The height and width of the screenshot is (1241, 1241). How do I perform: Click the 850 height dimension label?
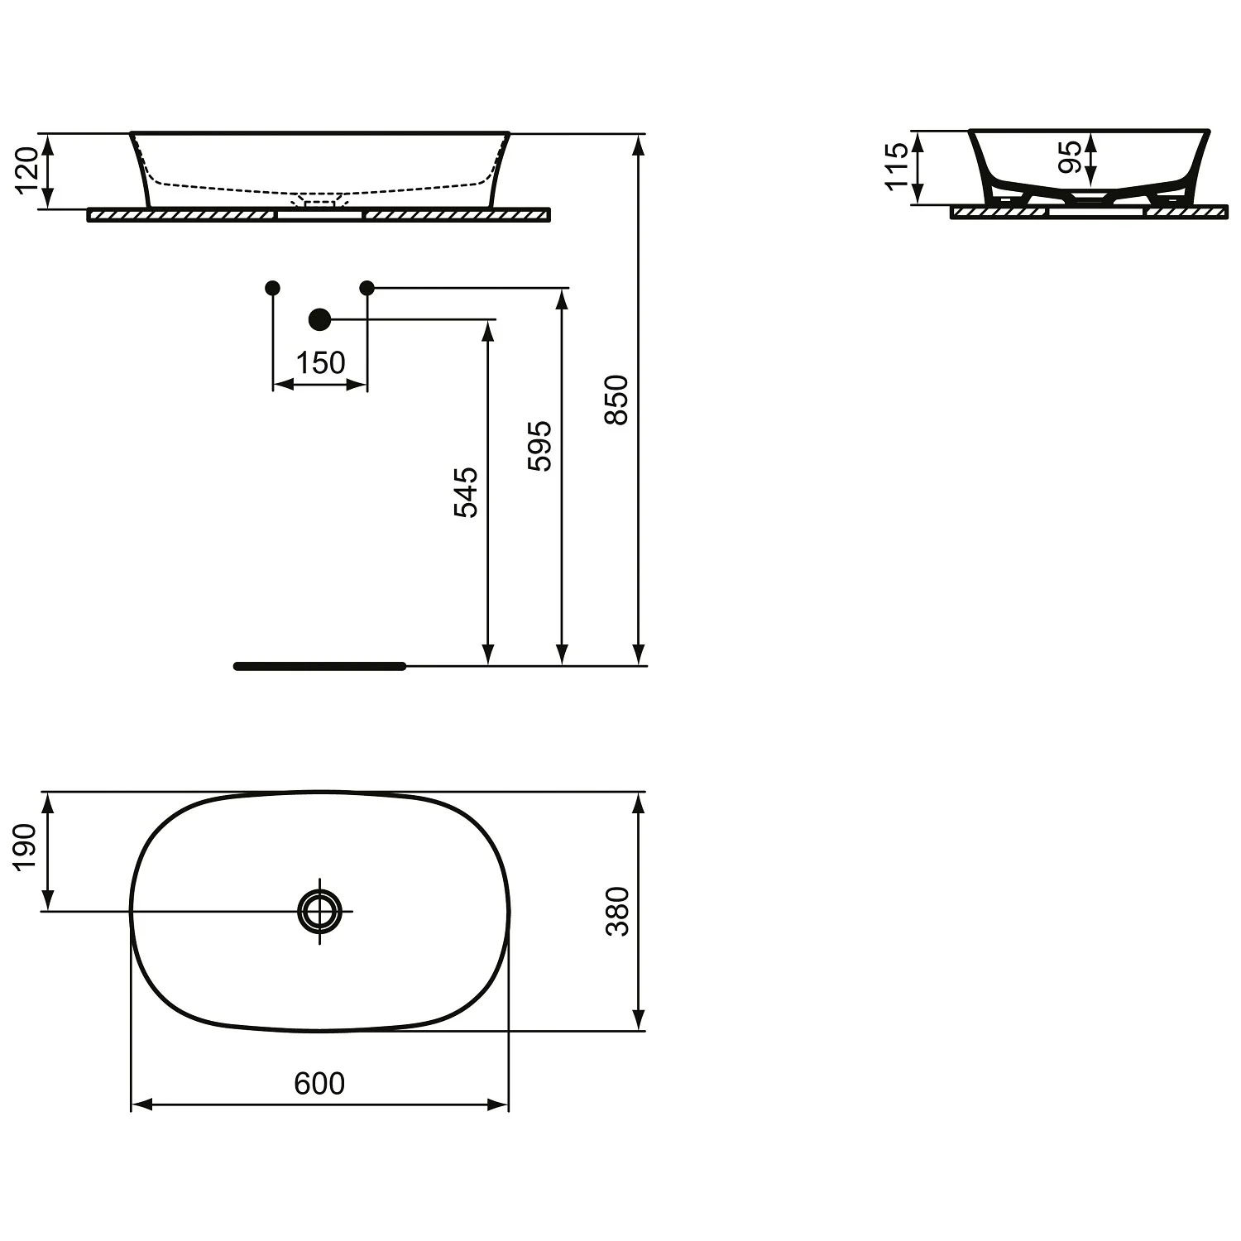tap(617, 400)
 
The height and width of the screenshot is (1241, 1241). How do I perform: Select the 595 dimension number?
tap(540, 446)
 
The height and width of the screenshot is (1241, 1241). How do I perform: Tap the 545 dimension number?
tap(467, 492)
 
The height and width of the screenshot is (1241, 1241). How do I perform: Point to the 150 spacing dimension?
tap(320, 362)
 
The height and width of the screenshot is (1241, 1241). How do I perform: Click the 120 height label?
tap(27, 170)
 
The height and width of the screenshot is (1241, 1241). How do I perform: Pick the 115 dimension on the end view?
tap(896, 166)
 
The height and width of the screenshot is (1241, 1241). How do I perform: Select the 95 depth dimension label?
tap(1070, 156)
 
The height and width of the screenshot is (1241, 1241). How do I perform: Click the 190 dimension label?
tap(26, 846)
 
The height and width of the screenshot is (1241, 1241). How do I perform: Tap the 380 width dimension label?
tap(618, 911)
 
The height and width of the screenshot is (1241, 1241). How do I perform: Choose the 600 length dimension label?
tap(319, 1083)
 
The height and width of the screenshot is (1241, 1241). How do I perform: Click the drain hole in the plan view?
tap(319, 911)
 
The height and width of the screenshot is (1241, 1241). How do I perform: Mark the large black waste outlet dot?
tap(319, 319)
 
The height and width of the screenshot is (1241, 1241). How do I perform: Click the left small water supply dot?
tap(272, 288)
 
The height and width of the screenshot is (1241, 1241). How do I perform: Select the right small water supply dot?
tap(367, 288)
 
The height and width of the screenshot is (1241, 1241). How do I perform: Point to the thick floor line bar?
tap(319, 666)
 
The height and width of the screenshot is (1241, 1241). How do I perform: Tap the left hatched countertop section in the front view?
tap(180, 215)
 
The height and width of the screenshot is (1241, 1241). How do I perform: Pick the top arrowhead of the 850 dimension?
tap(638, 144)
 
